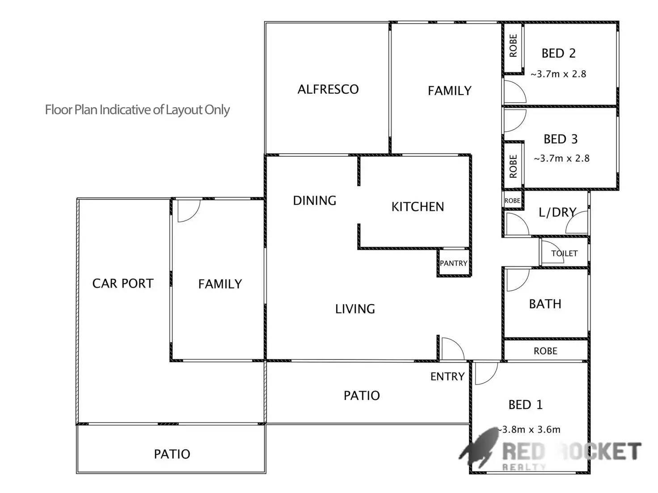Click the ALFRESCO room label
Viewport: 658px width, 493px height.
[x=328, y=89]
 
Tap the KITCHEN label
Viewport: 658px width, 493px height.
[x=418, y=207]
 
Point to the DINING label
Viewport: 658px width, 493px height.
[x=314, y=201]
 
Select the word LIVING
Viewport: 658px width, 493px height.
[x=355, y=309]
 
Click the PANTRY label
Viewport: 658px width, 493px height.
[x=453, y=263]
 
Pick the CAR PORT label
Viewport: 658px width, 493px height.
[x=122, y=284]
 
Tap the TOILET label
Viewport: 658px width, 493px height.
[x=564, y=253]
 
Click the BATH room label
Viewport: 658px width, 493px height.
[x=545, y=304]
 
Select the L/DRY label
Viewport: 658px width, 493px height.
[x=557, y=212]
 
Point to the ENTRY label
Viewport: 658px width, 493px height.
[x=447, y=376]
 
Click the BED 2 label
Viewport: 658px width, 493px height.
[x=558, y=54]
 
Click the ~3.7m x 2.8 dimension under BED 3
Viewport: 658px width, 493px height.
[x=561, y=158]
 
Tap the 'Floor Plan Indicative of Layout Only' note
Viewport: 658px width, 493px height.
[x=137, y=110]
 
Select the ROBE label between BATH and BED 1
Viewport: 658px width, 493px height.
[x=545, y=351]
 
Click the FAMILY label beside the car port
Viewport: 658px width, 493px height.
[x=220, y=284]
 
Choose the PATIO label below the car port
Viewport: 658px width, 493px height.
[x=172, y=454]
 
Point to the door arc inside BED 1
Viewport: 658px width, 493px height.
[x=486, y=374]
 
